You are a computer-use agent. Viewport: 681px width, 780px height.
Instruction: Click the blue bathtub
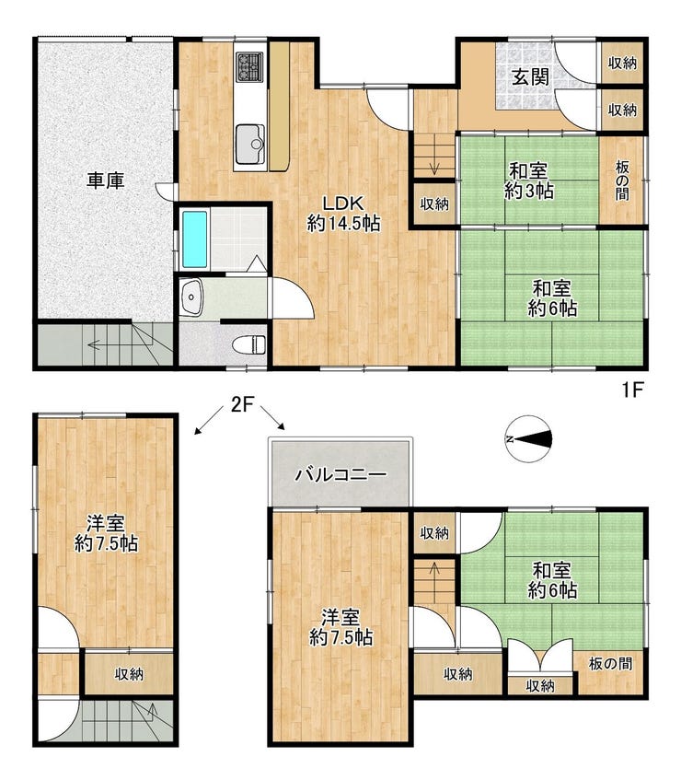(x=194, y=239)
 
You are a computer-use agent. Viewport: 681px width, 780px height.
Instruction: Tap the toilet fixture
(x=252, y=344)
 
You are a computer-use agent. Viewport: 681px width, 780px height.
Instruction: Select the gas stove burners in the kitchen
(x=249, y=66)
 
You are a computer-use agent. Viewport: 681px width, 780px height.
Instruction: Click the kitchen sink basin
(x=250, y=144)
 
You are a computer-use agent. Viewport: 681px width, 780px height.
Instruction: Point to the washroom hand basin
(x=190, y=297)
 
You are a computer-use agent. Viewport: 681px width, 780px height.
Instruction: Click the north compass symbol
(x=530, y=438)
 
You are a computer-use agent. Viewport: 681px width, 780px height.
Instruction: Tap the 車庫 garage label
(x=106, y=180)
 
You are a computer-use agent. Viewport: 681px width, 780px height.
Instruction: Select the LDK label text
(x=343, y=204)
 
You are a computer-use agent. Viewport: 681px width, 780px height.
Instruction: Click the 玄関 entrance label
(x=530, y=77)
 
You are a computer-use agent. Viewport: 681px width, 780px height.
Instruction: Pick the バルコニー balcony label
(x=340, y=475)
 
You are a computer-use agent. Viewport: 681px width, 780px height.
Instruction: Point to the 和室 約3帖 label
(x=528, y=181)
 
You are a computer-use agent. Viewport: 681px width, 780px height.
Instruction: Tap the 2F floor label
(x=242, y=405)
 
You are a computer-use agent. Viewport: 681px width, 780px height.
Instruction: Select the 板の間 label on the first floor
(x=622, y=180)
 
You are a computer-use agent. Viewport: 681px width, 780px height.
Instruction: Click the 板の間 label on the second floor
(x=610, y=663)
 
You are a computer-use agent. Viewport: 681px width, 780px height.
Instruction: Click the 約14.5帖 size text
(x=343, y=224)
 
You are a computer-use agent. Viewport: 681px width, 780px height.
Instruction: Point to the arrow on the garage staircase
(x=100, y=344)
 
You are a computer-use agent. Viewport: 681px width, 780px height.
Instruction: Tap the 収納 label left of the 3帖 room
(x=434, y=204)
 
